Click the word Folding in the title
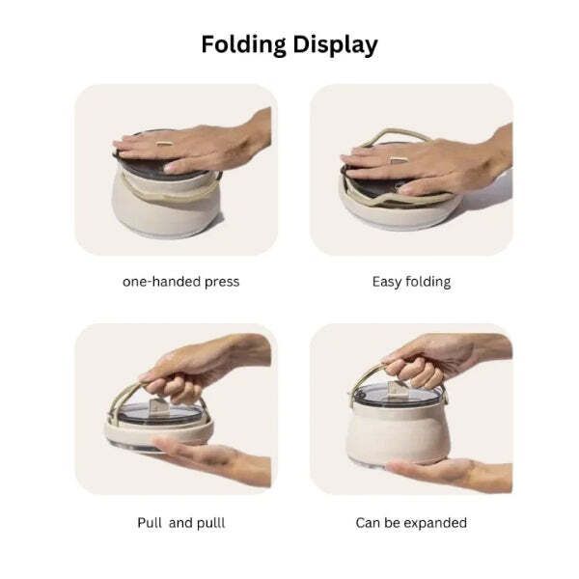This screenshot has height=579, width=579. click(243, 45)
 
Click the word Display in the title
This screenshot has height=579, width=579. click(335, 45)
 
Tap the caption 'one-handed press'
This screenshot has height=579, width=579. click(181, 282)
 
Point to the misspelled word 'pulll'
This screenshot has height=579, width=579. click(210, 522)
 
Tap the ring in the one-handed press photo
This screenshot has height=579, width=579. click(164, 143)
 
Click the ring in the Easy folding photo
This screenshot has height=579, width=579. click(399, 159)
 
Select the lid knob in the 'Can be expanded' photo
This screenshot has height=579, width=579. click(398, 388)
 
